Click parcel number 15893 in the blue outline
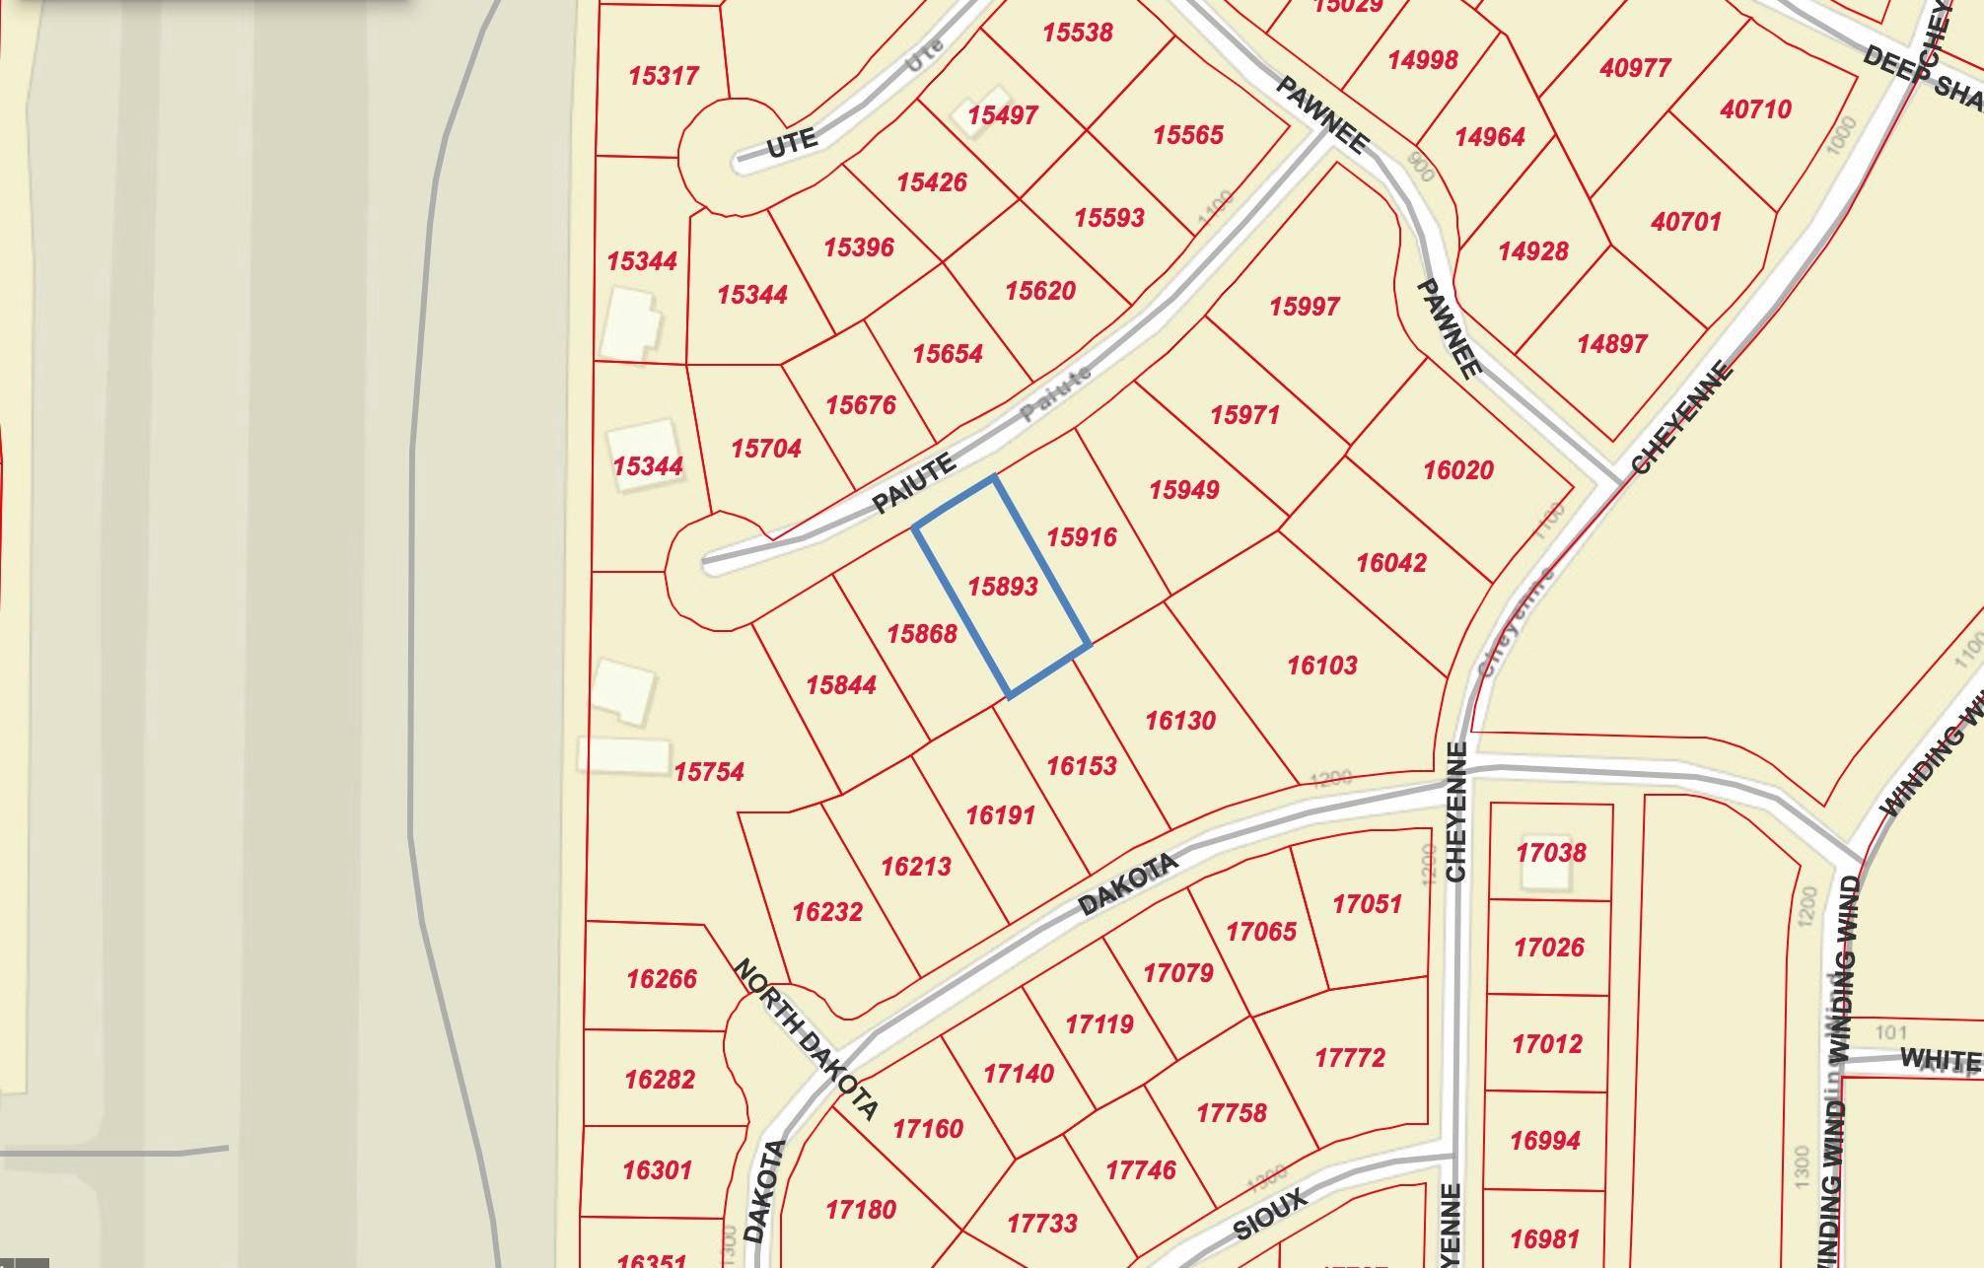point(1003,587)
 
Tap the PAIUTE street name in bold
point(915,483)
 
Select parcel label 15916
point(1082,537)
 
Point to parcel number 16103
point(1322,666)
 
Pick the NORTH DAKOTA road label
point(806,1039)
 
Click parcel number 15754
point(709,772)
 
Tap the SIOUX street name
point(1270,1214)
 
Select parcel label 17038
point(1551,852)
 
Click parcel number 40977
point(1636,68)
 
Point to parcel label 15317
point(664,76)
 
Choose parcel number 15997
point(1305,307)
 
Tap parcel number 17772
point(1350,1058)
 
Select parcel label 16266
point(662,979)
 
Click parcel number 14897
point(1612,344)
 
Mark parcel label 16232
point(827,912)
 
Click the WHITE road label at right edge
point(1940,1059)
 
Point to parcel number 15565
point(1188,135)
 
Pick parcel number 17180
point(861,1209)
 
